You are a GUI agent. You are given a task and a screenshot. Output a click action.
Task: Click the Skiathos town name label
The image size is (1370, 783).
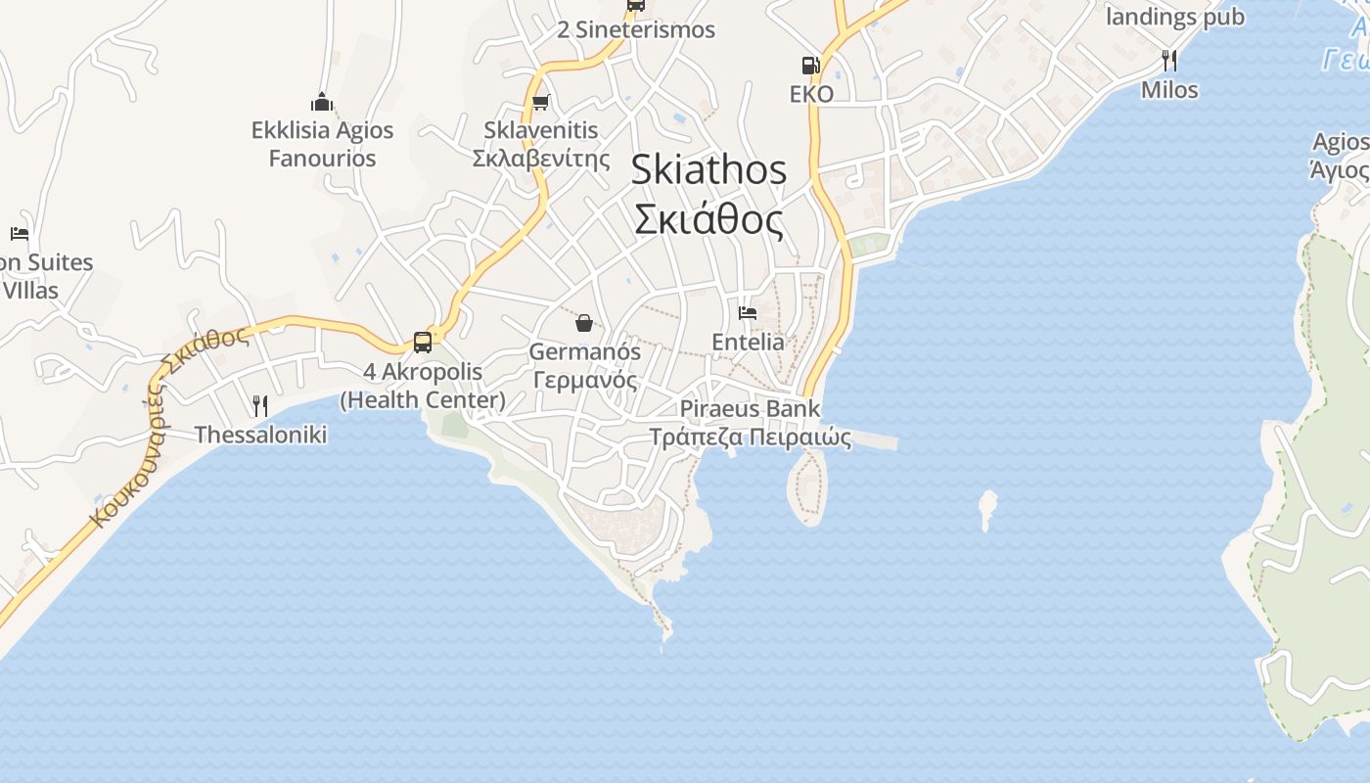708,195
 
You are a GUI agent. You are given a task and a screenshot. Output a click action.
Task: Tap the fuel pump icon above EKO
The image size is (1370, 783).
810,66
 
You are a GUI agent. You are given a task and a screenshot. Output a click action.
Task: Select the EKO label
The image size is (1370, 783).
812,94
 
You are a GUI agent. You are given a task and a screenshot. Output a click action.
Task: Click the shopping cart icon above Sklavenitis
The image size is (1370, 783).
540,103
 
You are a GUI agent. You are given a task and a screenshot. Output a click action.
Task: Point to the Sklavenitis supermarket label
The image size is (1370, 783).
541,144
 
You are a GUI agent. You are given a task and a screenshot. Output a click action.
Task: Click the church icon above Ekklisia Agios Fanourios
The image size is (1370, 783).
322,102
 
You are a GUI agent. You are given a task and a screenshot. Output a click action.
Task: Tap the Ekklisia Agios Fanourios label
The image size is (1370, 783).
322,144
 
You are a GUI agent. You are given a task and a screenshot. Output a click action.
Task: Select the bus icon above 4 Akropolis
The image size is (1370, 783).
423,342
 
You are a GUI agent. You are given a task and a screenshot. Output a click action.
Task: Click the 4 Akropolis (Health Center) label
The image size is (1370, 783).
423,386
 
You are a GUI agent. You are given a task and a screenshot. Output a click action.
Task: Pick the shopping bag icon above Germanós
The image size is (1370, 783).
584,322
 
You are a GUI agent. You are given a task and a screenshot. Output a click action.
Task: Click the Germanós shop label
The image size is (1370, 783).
585,366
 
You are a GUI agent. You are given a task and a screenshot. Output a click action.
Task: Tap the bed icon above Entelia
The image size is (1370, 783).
748,313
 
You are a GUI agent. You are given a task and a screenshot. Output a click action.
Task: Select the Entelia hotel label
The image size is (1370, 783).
748,342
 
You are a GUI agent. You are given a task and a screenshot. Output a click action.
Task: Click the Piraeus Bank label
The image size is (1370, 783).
751,423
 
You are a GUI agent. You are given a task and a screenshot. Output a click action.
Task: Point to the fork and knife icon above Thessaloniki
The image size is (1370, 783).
260,405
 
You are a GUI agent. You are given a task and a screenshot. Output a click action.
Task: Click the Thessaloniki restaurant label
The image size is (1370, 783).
260,435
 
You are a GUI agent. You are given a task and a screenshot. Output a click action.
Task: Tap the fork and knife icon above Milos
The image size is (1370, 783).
1169,61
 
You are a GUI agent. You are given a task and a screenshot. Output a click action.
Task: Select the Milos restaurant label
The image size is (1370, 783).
1169,90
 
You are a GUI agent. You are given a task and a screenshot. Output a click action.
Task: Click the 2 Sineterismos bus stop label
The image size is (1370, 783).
636,29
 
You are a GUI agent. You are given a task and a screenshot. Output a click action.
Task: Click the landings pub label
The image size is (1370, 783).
1174,17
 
